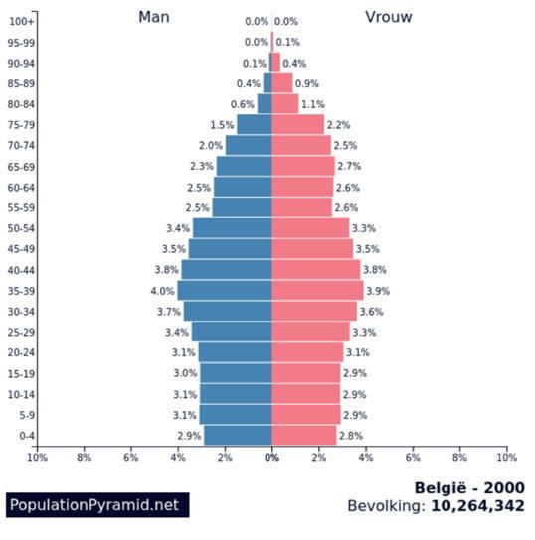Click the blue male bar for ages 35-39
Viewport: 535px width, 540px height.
(x=225, y=291)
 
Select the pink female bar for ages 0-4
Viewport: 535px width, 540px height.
(x=304, y=436)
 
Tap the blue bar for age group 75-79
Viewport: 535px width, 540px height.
(x=255, y=125)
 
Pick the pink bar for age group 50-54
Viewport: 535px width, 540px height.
(x=310, y=228)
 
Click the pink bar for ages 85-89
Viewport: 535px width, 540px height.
(x=282, y=83)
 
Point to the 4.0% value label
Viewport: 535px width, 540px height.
(x=162, y=291)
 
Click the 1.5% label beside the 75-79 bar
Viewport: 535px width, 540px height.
(x=222, y=125)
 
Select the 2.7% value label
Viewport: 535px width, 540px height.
(x=349, y=167)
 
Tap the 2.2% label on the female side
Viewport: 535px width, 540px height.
(x=338, y=125)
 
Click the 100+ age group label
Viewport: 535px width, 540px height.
(x=22, y=22)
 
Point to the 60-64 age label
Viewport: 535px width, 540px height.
(x=21, y=188)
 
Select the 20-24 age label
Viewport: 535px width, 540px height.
(x=21, y=352)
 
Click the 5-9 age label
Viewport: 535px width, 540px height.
(x=27, y=415)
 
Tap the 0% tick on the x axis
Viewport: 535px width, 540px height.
(x=271, y=458)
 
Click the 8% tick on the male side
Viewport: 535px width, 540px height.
(x=84, y=458)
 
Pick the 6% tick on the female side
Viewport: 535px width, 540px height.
(x=413, y=458)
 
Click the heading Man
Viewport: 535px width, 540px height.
(x=154, y=17)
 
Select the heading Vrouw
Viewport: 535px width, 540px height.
(x=389, y=17)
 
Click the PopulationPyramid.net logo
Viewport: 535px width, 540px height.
(x=97, y=505)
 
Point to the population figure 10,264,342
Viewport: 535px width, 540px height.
(x=477, y=506)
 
